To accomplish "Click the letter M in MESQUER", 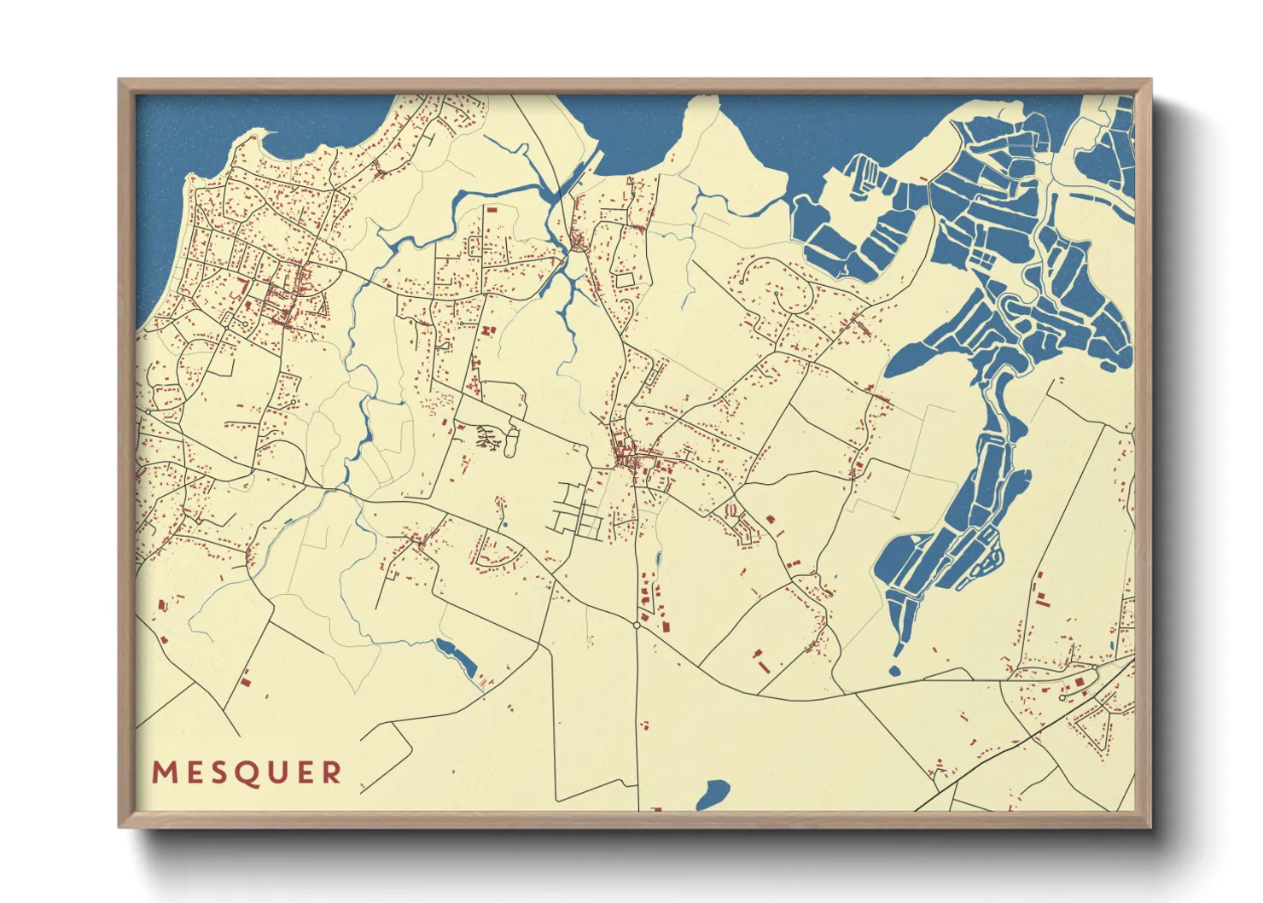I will [x=164, y=772].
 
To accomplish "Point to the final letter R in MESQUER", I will [x=332, y=772].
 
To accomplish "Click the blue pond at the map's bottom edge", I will [x=713, y=795].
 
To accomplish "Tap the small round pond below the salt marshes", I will [x=894, y=671].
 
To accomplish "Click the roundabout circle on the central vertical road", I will [x=637, y=625].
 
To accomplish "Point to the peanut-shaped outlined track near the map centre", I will [x=512, y=441].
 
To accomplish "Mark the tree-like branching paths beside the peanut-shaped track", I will [x=488, y=438].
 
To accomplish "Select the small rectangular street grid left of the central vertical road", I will [x=578, y=513].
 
